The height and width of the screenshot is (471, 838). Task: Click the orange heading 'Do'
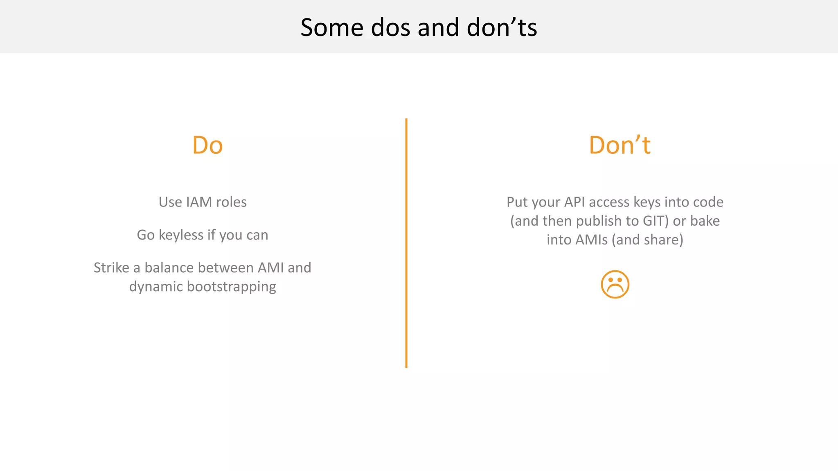point(207,145)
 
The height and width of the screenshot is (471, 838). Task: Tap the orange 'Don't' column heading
point(619,145)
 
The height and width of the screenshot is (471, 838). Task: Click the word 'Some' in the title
point(332,28)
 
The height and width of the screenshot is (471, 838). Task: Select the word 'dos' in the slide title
point(391,28)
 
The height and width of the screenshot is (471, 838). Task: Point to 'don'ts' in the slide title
point(502,28)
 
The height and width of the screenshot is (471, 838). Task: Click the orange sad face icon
point(615,284)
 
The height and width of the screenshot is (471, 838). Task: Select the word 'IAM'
point(199,202)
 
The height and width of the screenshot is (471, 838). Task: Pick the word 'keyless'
point(181,235)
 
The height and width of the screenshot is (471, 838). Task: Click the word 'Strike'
point(111,268)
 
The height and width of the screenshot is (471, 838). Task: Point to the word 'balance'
point(169,268)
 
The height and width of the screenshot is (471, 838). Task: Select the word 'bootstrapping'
point(231,287)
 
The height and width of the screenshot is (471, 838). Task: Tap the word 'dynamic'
point(156,287)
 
